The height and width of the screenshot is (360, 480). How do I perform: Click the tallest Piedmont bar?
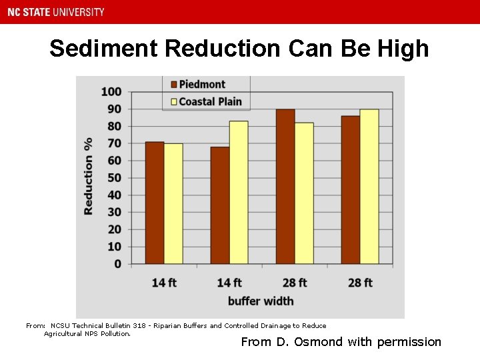285,186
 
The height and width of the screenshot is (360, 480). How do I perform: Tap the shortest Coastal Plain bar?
173,203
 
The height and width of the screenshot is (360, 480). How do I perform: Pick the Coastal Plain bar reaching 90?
369,186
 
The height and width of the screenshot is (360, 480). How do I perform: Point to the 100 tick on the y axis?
112,91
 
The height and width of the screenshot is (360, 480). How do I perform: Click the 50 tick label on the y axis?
115,178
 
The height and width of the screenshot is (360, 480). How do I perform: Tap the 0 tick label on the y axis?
118,264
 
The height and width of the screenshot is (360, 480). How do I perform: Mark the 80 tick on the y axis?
115,126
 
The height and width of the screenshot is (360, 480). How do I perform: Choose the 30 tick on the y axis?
115,212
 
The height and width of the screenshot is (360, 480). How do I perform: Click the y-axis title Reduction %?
89,176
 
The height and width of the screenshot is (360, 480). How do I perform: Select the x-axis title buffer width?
261,301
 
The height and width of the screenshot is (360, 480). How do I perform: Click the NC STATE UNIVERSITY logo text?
57,12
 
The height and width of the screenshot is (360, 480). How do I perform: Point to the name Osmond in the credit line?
323,342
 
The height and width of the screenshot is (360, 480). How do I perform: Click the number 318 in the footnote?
139,326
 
